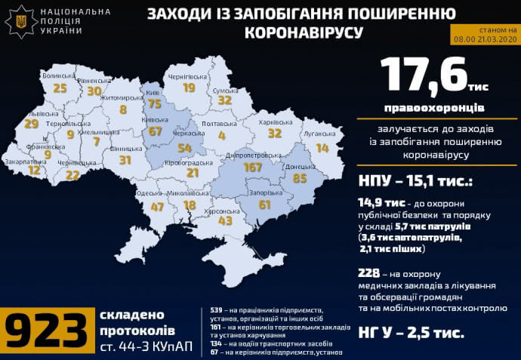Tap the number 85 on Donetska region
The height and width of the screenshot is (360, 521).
[x=299, y=179]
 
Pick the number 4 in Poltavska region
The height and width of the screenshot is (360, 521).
[x=222, y=136]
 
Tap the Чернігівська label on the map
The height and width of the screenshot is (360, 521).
[x=187, y=77]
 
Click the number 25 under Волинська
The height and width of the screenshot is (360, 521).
[x=60, y=88]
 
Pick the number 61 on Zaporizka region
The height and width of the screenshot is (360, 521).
[x=265, y=205]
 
